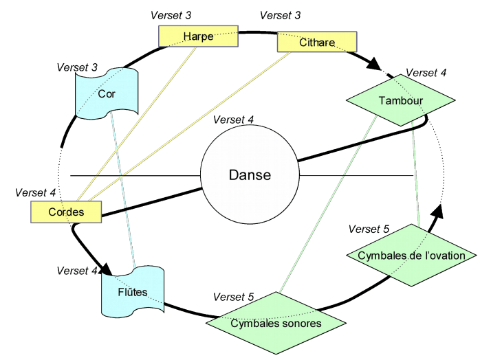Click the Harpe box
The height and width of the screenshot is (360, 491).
(198, 36)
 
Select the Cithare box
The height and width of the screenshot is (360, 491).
(317, 43)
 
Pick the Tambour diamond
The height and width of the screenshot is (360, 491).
(400, 101)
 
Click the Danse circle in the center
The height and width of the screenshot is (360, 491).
(249, 175)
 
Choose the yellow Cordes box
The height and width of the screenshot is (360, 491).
(66, 212)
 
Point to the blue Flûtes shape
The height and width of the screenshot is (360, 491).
(133, 292)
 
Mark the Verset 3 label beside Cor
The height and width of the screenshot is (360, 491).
(78, 67)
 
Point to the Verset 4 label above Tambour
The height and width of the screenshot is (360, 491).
(426, 72)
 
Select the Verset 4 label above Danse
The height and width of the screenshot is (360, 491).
(234, 119)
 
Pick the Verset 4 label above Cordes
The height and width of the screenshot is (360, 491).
(35, 193)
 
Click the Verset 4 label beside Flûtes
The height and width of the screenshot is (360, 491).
(77, 270)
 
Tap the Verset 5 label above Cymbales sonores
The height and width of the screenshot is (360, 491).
(234, 297)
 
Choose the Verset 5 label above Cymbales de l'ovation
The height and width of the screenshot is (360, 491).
(369, 229)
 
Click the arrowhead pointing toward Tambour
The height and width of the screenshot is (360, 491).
(372, 66)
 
